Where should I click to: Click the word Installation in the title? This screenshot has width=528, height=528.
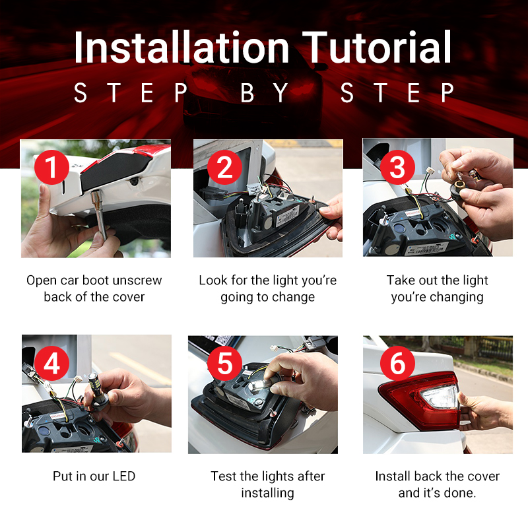pos(181,46)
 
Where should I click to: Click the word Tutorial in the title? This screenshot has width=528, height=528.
pos(377,46)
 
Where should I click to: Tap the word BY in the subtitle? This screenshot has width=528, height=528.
pos(265,92)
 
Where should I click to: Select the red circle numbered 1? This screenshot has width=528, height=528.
pos(52,168)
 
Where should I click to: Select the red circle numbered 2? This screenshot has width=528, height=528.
pos(224,168)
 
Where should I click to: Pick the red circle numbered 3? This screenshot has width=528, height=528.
pos(397,168)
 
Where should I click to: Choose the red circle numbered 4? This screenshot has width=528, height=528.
pos(52,364)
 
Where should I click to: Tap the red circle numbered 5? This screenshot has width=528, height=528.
pos(224,364)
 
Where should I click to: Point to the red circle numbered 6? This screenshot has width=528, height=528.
pos(397,364)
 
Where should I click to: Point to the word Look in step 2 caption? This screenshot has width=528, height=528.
pos(211,280)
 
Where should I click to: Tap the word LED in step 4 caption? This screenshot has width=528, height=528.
pos(124,476)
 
